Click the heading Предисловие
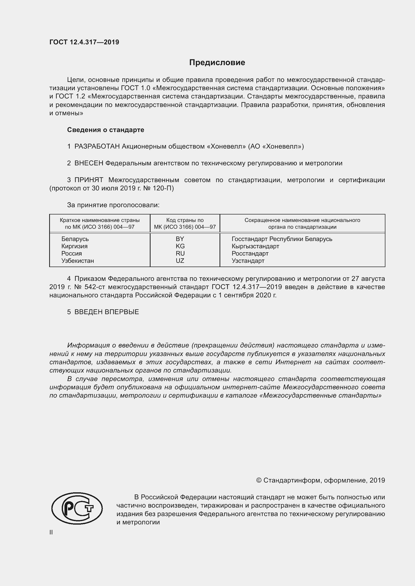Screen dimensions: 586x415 click(x=217, y=63)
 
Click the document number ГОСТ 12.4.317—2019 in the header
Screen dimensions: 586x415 click(x=84, y=42)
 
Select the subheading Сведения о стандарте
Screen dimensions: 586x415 click(x=106, y=130)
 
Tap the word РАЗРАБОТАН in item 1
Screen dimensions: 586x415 click(x=97, y=147)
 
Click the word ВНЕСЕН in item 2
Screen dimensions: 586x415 click(x=89, y=163)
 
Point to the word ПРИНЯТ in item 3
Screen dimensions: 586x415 click(x=89, y=180)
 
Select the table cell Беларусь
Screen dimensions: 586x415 click(x=75, y=239)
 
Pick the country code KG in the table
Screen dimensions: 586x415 click(x=180, y=246)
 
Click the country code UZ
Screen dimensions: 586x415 click(x=180, y=261)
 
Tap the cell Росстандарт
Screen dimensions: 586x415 click(x=250, y=254)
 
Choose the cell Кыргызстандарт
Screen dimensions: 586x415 click(x=255, y=246)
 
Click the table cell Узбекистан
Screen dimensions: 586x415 click(x=78, y=261)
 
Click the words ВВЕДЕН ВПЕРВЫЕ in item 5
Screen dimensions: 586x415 click(x=107, y=312)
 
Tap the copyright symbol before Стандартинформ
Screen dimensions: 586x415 click(x=259, y=481)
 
